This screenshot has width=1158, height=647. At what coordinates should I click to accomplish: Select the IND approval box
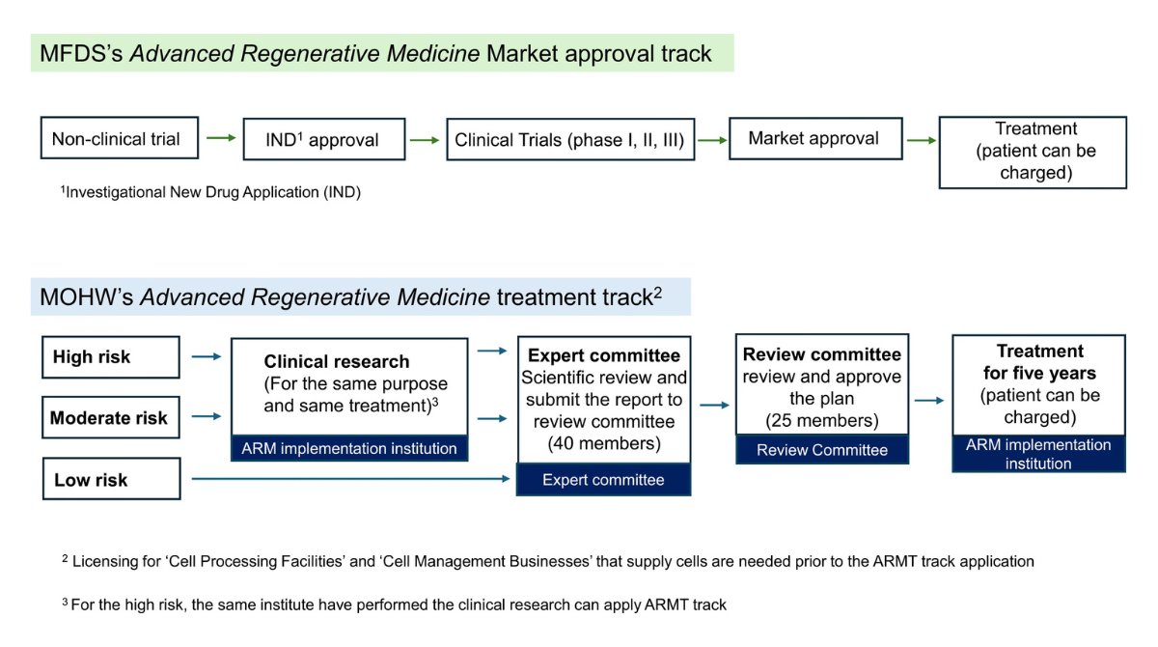click(x=322, y=140)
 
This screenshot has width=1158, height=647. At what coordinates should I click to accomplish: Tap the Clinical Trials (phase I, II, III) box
click(x=569, y=140)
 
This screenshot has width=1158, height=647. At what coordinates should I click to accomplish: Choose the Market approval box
click(x=814, y=138)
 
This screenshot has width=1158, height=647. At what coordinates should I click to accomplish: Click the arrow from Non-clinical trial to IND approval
click(x=221, y=139)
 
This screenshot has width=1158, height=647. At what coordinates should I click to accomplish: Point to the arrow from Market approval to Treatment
click(x=922, y=141)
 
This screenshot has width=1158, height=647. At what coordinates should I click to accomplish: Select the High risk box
click(x=111, y=356)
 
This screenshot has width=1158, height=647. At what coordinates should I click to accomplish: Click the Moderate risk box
click(x=111, y=418)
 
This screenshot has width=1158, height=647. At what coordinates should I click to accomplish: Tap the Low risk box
click(x=111, y=480)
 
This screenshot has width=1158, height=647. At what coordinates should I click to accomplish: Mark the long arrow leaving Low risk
click(x=347, y=479)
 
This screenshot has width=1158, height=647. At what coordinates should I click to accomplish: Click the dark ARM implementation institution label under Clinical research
click(x=349, y=448)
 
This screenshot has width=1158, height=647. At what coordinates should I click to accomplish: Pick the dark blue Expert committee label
click(x=603, y=480)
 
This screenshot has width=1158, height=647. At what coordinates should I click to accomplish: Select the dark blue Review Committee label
click(x=822, y=450)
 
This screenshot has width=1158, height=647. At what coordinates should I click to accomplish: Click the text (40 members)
click(x=603, y=443)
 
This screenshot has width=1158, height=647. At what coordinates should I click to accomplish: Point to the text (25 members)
click(x=822, y=420)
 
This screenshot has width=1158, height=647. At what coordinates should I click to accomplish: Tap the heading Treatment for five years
click(x=1039, y=361)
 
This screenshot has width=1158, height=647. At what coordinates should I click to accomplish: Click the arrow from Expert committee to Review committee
click(x=714, y=406)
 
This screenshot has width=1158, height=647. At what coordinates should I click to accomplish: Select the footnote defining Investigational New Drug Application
click(x=210, y=192)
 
